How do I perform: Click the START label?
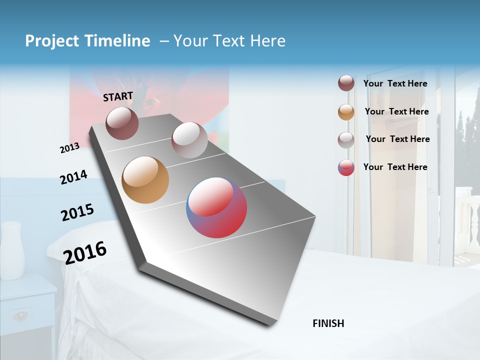click(118, 96)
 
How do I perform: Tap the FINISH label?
click(328, 323)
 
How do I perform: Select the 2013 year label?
click(69, 147)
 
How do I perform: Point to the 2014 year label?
click(73, 177)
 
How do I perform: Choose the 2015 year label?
click(77, 212)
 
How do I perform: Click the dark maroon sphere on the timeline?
click(122, 123)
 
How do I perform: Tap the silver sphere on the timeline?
click(189, 140)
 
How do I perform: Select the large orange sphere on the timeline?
click(145, 180)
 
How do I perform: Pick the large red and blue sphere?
click(216, 207)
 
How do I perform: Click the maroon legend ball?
click(346, 83)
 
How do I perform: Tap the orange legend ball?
click(346, 112)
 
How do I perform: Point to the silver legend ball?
click(346, 139)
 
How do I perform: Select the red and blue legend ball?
click(346, 167)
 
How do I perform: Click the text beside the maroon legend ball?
click(395, 83)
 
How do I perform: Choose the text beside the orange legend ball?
click(396, 111)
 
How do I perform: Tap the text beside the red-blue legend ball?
click(395, 167)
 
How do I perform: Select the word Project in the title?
click(52, 41)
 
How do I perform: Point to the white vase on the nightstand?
click(12, 250)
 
